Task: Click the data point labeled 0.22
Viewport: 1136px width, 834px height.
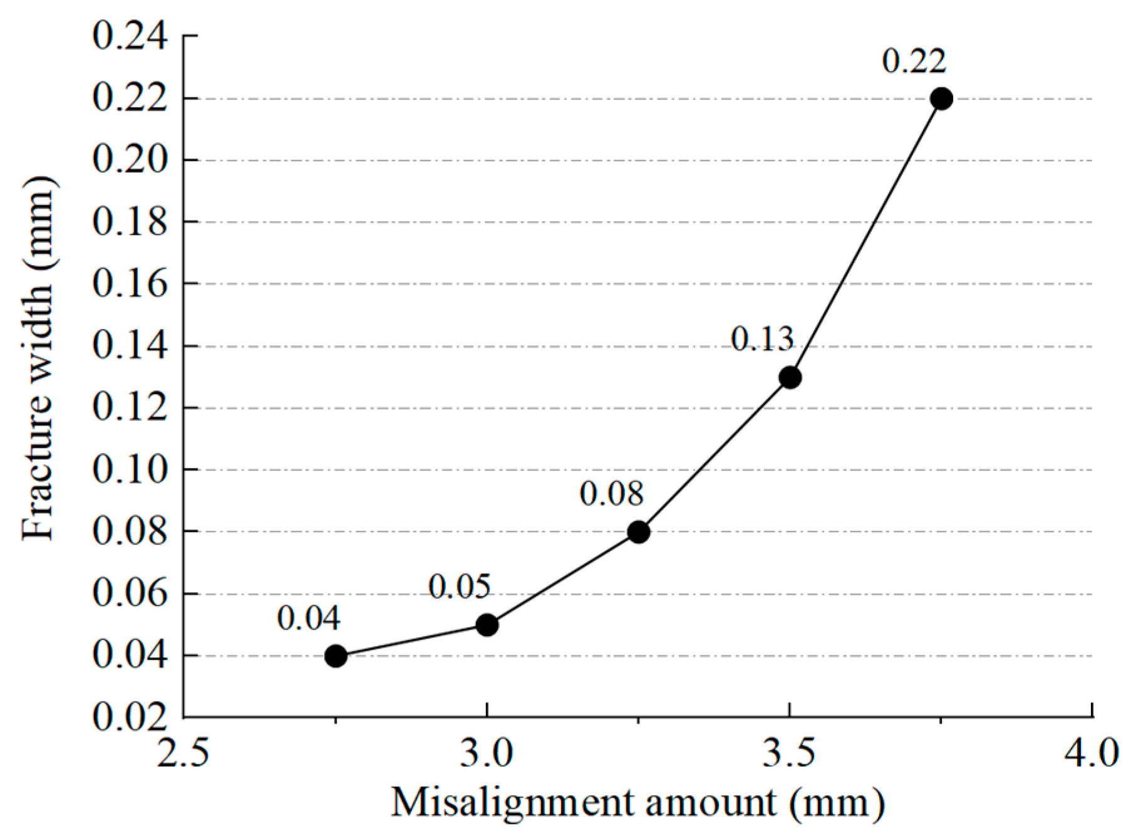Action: click(941, 99)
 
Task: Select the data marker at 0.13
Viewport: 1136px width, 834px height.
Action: click(790, 378)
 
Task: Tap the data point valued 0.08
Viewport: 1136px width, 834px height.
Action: click(638, 532)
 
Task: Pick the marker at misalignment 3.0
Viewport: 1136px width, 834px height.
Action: click(487, 625)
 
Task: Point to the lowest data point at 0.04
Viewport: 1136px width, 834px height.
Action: click(336, 656)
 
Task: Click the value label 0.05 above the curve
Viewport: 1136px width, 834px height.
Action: click(460, 587)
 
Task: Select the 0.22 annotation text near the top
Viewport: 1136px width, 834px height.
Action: click(914, 61)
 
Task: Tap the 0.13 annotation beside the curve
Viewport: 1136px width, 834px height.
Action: click(762, 339)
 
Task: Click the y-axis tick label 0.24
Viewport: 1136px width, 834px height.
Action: click(130, 36)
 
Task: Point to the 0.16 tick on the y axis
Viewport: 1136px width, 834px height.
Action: click(130, 284)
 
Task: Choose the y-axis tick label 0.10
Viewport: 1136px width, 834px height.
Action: click(130, 469)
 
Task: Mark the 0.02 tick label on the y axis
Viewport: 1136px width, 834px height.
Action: click(130, 717)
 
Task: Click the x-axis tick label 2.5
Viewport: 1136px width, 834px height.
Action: click(182, 753)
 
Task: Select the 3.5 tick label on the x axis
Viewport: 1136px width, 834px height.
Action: click(789, 753)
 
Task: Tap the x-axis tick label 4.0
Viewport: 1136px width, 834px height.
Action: click(1092, 753)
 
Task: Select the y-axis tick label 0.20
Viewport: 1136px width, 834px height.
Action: click(130, 160)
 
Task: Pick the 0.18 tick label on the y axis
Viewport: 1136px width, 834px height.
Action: click(130, 222)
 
